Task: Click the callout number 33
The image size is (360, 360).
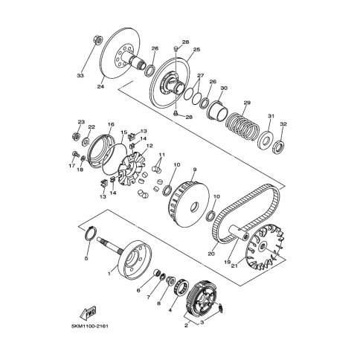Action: click(x=80, y=75)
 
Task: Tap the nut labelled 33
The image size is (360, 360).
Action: click(x=97, y=40)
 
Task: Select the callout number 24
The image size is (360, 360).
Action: click(x=100, y=86)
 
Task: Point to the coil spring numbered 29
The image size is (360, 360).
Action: click(x=243, y=126)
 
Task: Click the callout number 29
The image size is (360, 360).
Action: click(x=247, y=103)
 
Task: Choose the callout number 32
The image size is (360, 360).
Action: click(x=283, y=124)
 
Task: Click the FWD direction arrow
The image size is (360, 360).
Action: click(x=89, y=313)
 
